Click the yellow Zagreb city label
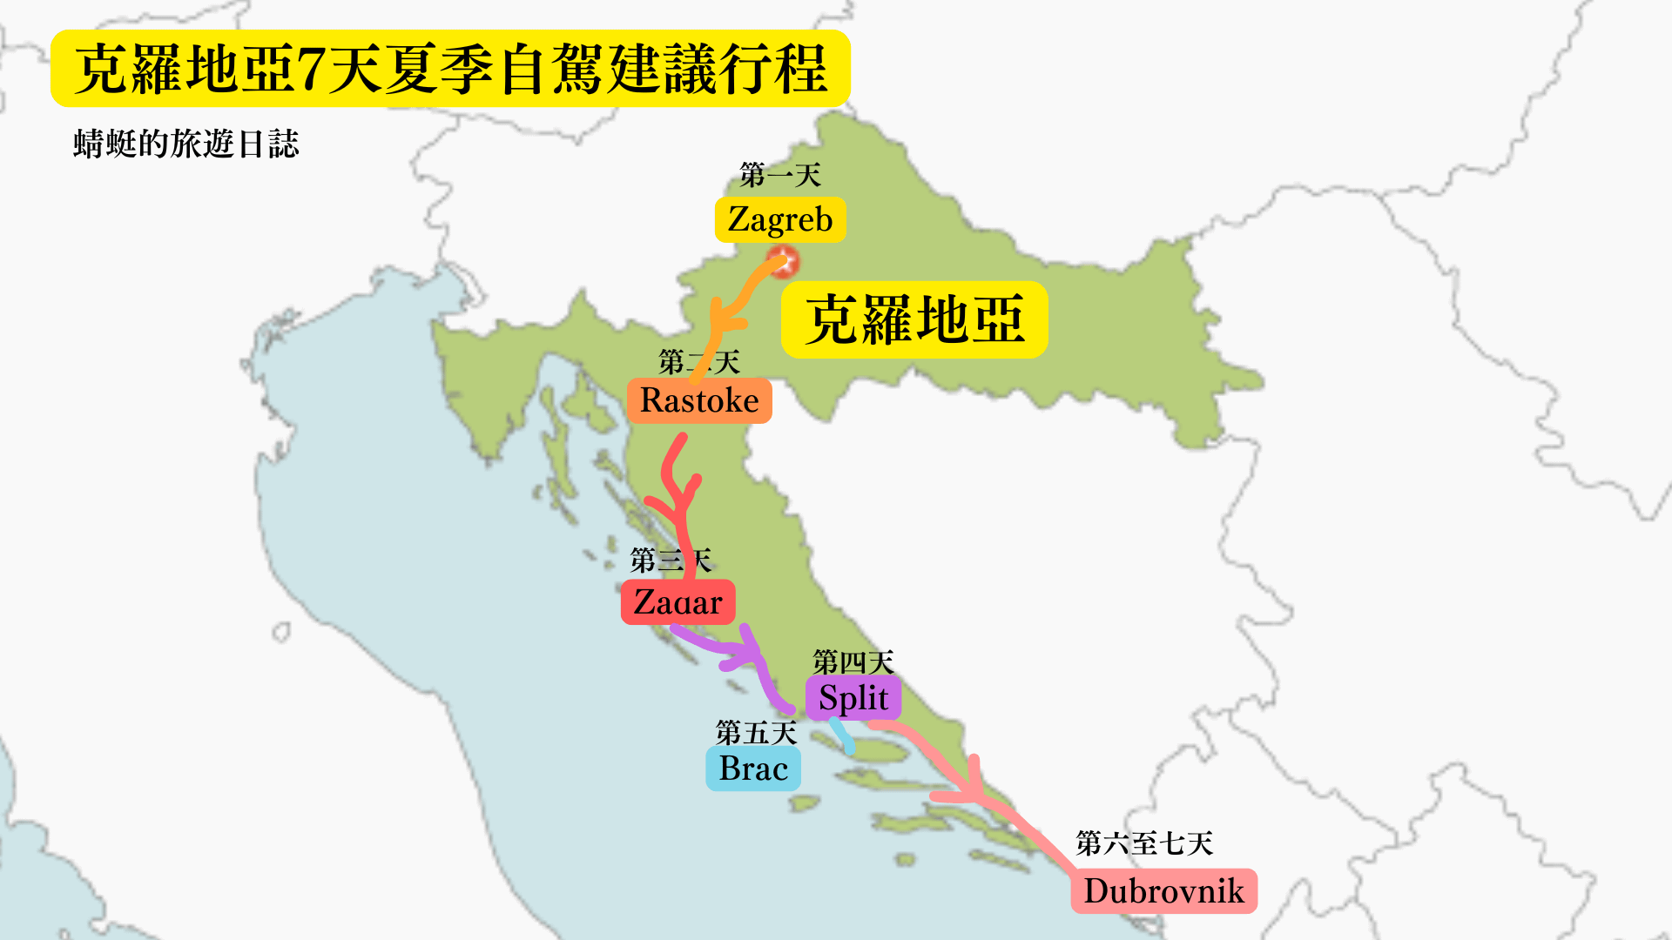point(780,219)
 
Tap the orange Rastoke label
point(699,400)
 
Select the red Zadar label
point(678,602)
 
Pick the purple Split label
point(853,698)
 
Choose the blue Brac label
point(753,769)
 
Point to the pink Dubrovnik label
point(1163,891)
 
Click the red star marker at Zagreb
point(783,261)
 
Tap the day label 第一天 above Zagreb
point(780,176)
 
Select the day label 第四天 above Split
point(853,662)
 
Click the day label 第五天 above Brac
point(756,733)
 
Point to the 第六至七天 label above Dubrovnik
point(1144,843)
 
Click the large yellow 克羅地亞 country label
point(914,319)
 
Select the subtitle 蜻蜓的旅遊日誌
point(186,144)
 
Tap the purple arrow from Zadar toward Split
point(740,653)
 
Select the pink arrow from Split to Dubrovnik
point(975,783)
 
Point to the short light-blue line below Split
point(842,735)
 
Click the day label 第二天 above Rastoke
point(698,362)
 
